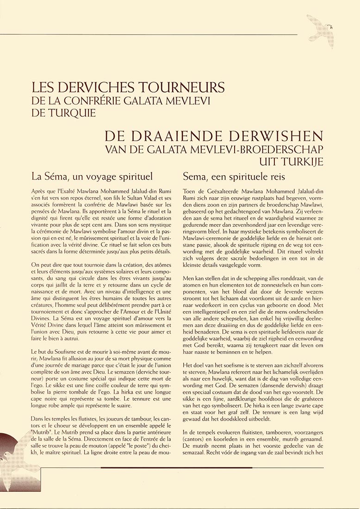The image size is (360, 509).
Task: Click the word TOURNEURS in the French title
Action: (185, 88)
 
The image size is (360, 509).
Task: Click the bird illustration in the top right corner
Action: (323, 30)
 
